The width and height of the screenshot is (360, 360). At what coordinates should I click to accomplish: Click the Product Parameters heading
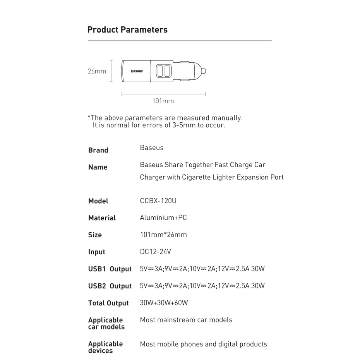127,30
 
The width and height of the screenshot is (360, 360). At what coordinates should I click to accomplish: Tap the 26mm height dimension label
97,71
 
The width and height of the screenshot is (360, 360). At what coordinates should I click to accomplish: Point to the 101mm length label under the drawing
163,101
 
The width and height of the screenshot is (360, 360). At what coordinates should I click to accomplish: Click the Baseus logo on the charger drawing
137,71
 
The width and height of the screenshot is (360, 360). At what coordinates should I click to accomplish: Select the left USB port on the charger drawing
160,71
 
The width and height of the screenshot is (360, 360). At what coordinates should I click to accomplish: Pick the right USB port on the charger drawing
167,71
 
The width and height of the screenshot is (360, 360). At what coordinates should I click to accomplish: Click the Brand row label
98,150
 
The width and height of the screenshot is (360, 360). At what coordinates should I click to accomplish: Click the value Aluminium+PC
163,218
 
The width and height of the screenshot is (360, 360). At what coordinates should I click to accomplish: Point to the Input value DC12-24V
155,252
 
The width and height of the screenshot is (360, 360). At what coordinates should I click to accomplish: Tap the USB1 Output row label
110,269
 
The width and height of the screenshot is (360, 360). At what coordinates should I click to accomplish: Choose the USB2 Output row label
110,286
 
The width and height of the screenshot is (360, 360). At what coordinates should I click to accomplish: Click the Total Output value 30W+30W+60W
164,303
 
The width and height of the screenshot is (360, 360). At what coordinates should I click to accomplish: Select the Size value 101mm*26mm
163,235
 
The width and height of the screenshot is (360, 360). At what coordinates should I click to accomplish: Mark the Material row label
102,218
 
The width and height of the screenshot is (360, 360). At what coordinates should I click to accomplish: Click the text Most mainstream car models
186,320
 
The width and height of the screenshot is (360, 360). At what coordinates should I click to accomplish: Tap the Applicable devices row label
105,347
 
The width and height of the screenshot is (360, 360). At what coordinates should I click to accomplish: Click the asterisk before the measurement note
89,117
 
